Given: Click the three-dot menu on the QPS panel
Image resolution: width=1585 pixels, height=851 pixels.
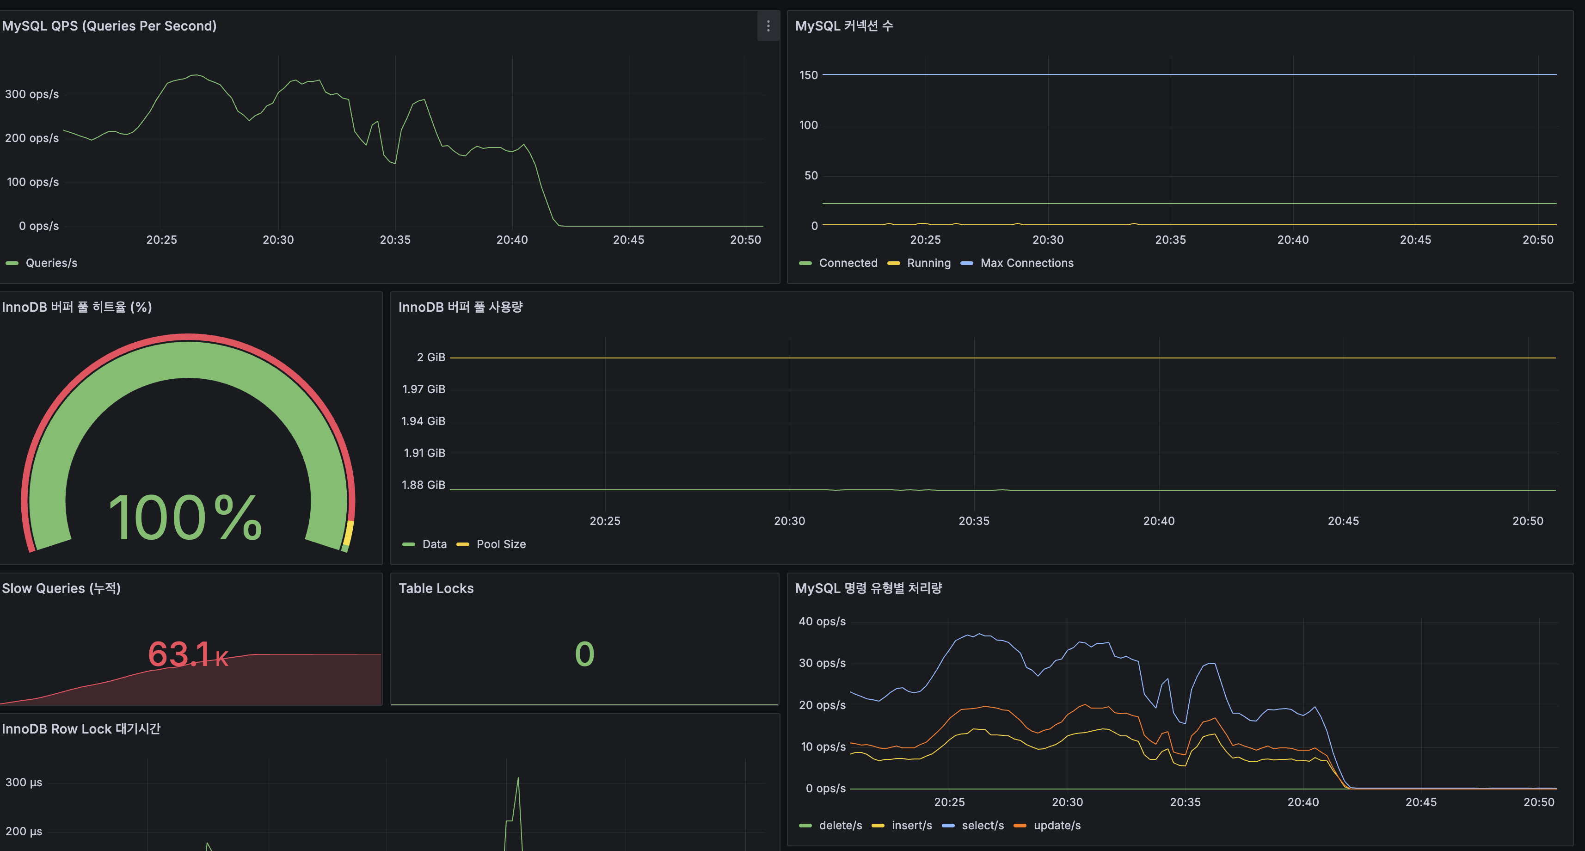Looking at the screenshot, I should (x=768, y=26).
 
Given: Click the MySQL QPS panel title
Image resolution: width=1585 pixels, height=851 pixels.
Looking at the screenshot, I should (x=109, y=26).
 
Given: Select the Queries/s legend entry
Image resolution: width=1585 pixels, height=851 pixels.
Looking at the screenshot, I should (x=51, y=263).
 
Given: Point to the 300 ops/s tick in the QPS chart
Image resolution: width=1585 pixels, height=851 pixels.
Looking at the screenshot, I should (x=32, y=94).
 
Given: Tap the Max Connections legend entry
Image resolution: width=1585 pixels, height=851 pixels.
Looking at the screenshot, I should (x=1026, y=263).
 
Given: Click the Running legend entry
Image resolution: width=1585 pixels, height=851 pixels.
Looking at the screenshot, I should (x=928, y=263).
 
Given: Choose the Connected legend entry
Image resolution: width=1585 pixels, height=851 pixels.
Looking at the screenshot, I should (x=847, y=263).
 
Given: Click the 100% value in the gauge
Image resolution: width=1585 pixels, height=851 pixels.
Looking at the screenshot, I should (x=185, y=518).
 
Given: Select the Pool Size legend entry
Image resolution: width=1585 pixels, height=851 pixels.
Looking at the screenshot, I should (x=500, y=544).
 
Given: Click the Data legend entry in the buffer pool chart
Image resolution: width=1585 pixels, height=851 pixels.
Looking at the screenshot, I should (x=434, y=544).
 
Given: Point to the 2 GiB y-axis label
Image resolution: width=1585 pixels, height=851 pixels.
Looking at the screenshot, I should (x=431, y=357).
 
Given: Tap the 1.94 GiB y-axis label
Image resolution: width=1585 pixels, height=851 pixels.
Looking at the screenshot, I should (x=424, y=421).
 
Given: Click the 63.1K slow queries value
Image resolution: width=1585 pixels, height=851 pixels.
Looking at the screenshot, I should (x=188, y=654).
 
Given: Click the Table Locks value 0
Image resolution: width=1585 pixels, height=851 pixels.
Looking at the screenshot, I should (x=584, y=654).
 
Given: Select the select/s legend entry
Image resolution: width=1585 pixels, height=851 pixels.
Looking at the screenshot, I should (x=982, y=825).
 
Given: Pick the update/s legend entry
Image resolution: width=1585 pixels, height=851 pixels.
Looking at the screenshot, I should (x=1057, y=825).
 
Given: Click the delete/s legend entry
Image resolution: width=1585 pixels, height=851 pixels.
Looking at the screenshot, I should (x=840, y=825).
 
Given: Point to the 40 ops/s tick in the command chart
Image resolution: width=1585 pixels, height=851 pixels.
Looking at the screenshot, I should (x=822, y=622).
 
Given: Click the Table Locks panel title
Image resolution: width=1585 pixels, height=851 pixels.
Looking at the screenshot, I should (x=436, y=588).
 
